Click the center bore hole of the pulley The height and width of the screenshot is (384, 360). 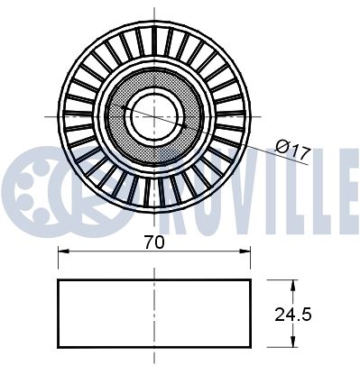[x=153, y=115]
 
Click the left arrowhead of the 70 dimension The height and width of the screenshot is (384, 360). [x=62, y=255]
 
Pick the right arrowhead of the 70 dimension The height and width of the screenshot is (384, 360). [x=246, y=255]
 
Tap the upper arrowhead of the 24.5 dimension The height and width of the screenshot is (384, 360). [x=292, y=284]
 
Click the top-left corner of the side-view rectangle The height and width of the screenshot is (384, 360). [x=59, y=279]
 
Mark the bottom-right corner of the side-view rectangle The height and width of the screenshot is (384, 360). [x=250, y=347]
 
